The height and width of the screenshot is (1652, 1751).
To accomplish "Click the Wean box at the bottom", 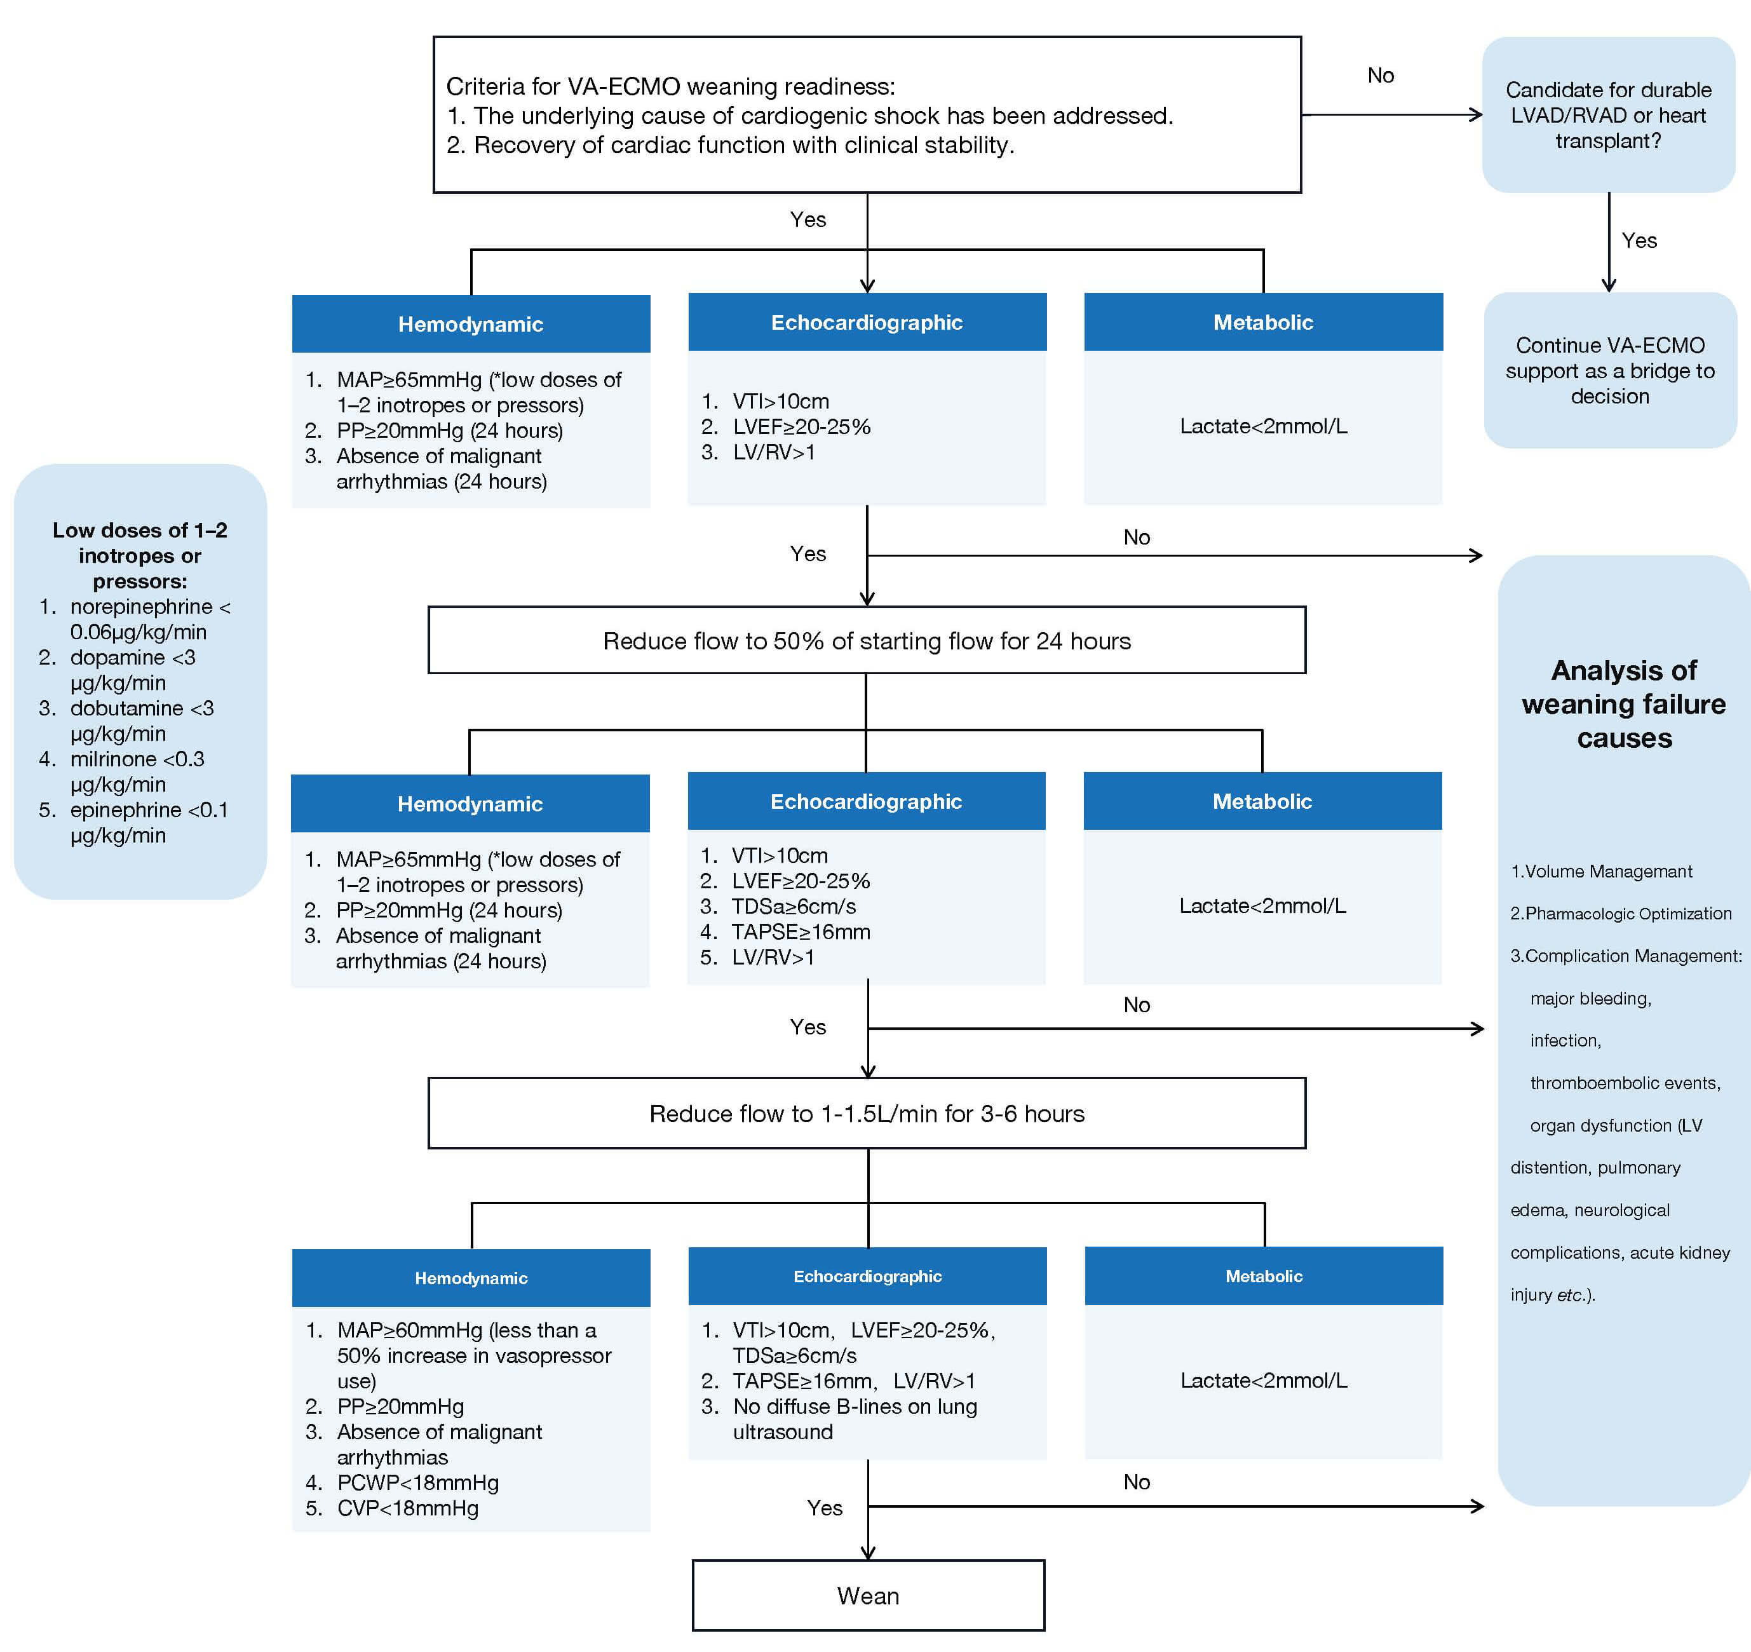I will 868,1595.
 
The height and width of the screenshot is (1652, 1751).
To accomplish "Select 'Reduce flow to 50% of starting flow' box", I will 867,640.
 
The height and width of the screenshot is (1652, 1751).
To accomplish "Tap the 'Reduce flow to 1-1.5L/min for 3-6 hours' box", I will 867,1114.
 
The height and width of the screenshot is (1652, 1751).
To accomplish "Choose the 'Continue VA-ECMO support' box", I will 1610,370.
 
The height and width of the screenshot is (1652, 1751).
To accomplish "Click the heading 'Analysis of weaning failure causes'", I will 1623,704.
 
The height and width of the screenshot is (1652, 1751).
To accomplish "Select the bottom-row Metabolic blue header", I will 1263,1276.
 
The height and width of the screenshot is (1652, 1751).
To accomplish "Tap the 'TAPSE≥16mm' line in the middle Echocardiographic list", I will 800,932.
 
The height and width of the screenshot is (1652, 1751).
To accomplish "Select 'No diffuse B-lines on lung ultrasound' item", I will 855,1419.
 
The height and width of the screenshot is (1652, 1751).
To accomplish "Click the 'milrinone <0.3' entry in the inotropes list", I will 137,759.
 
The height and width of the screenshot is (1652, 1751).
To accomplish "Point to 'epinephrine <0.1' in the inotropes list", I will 148,811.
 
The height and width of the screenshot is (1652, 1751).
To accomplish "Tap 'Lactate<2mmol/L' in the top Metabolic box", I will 1263,426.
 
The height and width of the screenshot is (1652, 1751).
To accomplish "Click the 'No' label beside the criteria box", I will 1380,76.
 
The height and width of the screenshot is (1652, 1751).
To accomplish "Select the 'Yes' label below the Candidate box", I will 1639,241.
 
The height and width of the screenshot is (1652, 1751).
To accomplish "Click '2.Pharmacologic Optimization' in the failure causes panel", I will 1621,914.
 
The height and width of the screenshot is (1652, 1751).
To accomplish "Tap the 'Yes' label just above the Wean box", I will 825,1508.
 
